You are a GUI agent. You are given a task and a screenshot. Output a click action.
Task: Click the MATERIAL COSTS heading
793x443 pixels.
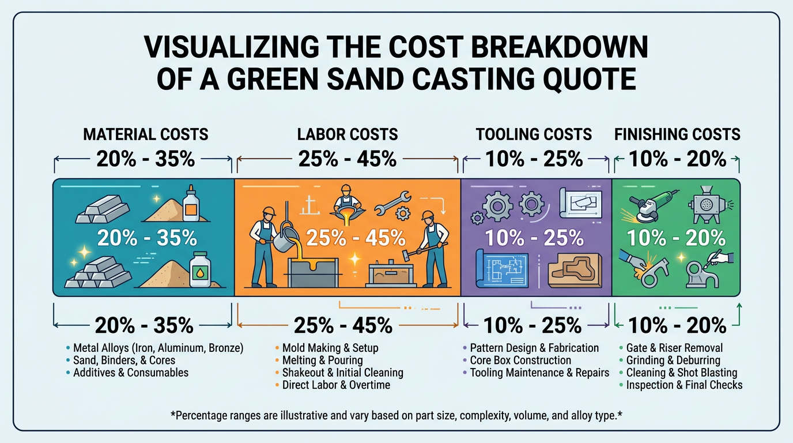coord(145,135)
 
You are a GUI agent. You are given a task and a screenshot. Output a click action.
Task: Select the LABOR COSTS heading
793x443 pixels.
coord(348,135)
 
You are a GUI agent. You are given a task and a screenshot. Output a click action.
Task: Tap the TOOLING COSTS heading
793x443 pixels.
coord(534,135)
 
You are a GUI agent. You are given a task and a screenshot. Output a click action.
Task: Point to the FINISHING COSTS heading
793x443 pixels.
coord(677,135)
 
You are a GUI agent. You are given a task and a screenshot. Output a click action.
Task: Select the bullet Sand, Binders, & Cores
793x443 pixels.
coord(124,361)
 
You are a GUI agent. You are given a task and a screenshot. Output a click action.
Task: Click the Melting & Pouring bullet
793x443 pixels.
coord(322,361)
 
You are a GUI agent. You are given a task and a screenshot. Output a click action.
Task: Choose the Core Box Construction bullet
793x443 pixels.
coord(520,361)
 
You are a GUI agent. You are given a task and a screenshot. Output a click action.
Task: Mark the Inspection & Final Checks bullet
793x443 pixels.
coord(684,385)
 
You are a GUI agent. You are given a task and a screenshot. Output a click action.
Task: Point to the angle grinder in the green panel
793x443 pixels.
coord(645,204)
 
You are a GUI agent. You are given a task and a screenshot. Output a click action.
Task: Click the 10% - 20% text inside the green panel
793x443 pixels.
coord(675,238)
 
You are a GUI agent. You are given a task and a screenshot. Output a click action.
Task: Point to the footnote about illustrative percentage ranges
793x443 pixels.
coord(396,415)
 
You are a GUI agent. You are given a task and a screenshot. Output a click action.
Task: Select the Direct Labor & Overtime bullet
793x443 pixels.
coord(336,385)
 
